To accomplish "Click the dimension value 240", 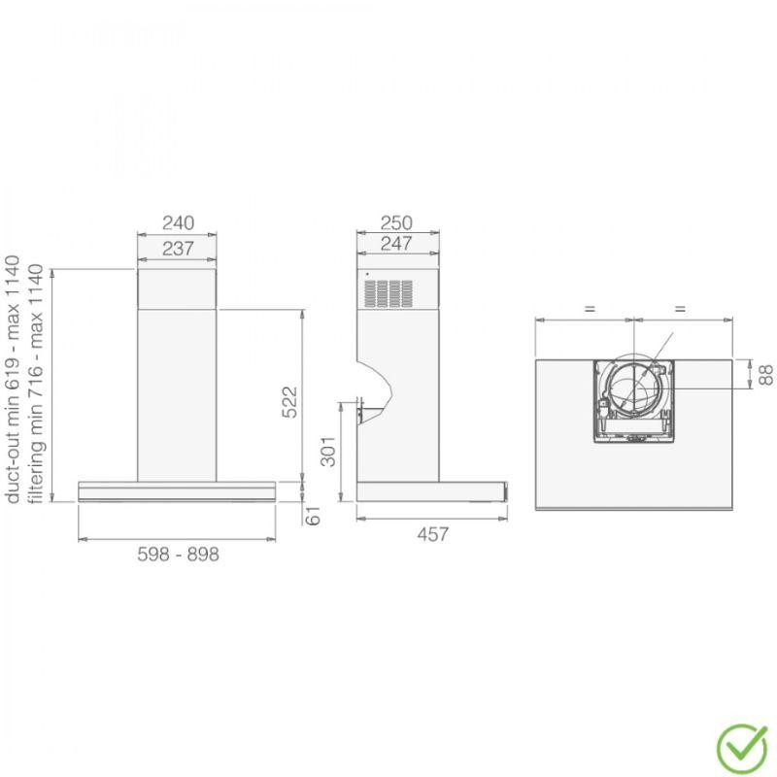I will [177, 222].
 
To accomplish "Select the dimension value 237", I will [177, 249].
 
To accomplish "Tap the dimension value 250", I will [396, 222].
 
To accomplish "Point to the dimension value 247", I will [396, 244].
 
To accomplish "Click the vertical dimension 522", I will [289, 402].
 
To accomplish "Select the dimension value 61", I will [313, 516].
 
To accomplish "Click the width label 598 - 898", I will [178, 555].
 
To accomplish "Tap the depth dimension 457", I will [431, 534].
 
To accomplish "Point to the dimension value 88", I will [765, 374].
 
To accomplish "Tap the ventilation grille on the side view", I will [388, 293].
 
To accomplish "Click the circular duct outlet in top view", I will [632, 392].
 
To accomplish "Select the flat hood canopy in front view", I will [177, 490].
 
